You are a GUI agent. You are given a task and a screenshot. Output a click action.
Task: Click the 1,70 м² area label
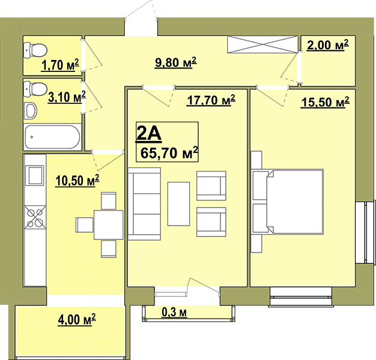[60, 65]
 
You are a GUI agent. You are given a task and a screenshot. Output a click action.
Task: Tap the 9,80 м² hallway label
[176, 63]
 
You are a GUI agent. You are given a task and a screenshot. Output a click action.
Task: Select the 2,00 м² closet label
[327, 45]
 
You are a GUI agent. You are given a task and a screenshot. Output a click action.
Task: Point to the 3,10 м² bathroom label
[67, 97]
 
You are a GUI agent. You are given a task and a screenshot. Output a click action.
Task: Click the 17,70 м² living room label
[211, 100]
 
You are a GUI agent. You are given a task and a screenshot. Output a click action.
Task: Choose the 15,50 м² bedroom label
[325, 102]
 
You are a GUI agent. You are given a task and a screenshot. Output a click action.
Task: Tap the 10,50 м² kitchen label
[77, 181]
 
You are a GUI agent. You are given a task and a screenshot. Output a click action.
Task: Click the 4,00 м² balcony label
[77, 320]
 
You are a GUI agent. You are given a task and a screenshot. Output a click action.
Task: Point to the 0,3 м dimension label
[174, 312]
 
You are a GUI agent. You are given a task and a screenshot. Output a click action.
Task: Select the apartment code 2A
[148, 134]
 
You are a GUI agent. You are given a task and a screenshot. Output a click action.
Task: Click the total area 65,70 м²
[169, 153]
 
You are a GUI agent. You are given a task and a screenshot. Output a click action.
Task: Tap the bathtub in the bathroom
[52, 137]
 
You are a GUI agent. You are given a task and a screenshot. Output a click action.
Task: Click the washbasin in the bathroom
[31, 110]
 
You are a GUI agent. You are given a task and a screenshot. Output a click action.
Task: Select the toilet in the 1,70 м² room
[35, 50]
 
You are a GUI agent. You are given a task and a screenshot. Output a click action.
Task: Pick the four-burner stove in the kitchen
[35, 217]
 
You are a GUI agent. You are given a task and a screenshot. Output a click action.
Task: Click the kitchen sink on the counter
[35, 176]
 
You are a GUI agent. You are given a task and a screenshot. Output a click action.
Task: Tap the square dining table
[108, 224]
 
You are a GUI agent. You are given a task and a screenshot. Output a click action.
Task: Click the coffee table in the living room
[178, 204]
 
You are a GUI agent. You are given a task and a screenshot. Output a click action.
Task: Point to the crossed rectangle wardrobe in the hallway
[263, 44]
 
